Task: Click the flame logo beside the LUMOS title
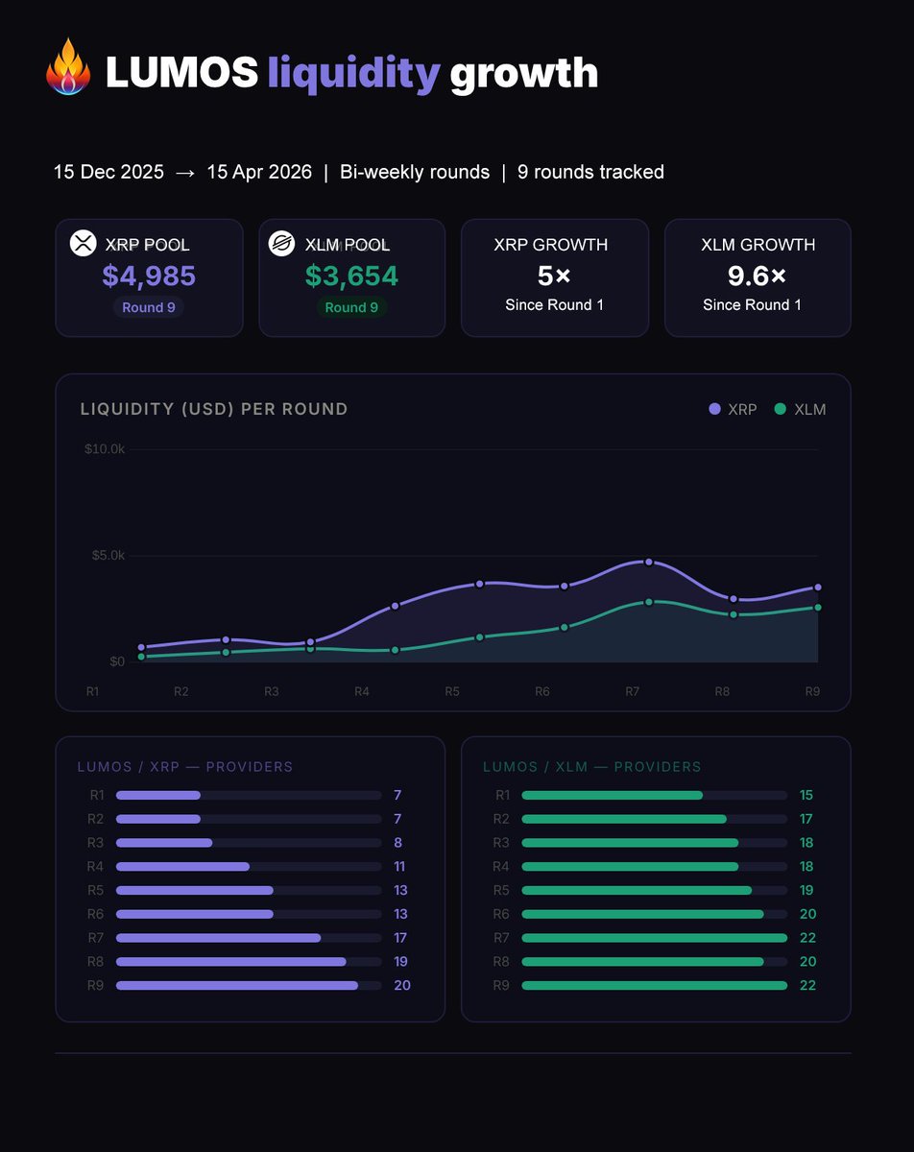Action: tap(68, 67)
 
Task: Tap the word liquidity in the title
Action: tap(353, 73)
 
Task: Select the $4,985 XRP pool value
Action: tap(149, 276)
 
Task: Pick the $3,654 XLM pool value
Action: tap(351, 276)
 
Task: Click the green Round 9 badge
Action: tap(352, 308)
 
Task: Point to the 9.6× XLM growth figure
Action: tap(757, 276)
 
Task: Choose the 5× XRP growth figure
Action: tap(554, 276)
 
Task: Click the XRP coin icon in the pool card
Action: tap(84, 243)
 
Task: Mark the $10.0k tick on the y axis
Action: tap(104, 449)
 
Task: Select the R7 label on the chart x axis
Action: tap(633, 691)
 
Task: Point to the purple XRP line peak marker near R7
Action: tap(649, 562)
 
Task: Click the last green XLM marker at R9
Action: tap(818, 608)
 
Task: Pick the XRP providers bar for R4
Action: tap(182, 867)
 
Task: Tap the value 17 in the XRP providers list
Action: tap(400, 938)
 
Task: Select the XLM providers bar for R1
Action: tap(612, 795)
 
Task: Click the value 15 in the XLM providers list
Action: tap(806, 795)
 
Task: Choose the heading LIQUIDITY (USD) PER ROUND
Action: tap(214, 410)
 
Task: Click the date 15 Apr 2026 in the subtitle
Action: tap(259, 173)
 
